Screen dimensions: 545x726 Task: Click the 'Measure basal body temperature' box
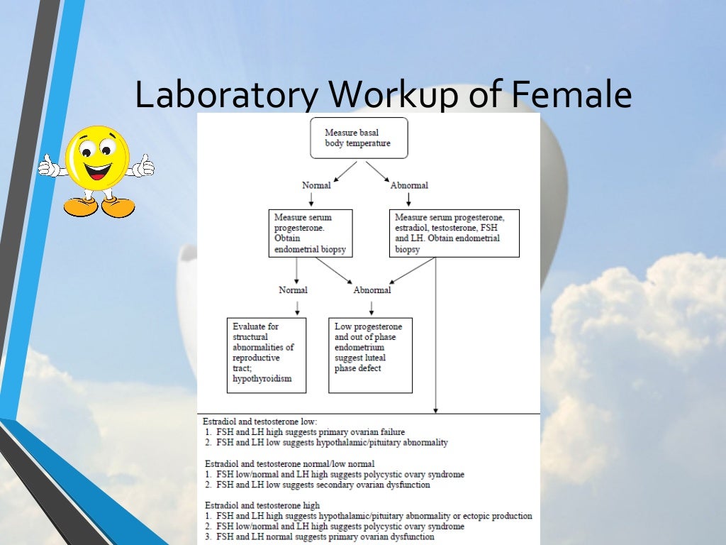[x=359, y=138]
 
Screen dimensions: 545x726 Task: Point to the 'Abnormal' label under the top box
[x=409, y=185]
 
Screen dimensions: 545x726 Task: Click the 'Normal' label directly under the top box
[x=316, y=185]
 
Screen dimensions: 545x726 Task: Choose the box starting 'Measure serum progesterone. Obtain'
[x=310, y=233]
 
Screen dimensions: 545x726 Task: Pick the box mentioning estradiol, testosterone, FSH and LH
[x=454, y=233]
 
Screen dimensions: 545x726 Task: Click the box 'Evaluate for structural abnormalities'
[x=266, y=355]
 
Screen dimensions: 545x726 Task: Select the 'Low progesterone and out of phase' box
[x=370, y=355]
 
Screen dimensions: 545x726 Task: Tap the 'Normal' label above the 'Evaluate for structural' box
[x=293, y=290]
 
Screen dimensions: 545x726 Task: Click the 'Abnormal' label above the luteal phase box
[x=372, y=290]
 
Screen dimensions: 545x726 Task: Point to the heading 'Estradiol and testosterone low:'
[x=260, y=422]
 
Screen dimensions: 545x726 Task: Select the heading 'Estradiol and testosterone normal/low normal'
[x=290, y=464]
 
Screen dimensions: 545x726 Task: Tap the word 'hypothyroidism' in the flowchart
[x=262, y=379]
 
